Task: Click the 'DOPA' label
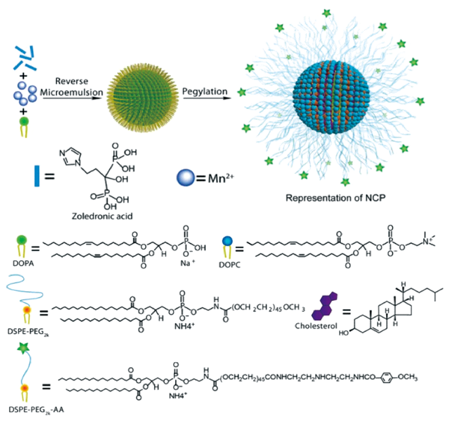click(x=24, y=263)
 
